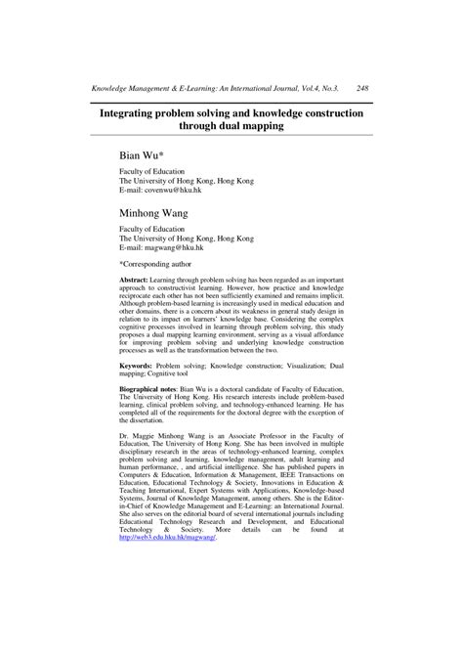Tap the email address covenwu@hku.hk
tap(175, 190)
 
